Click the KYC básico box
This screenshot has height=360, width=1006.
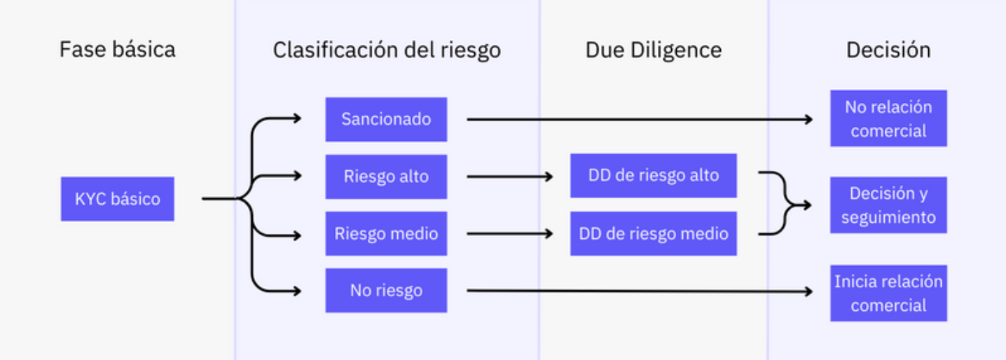[x=118, y=199]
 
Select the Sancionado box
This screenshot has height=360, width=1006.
[x=386, y=119]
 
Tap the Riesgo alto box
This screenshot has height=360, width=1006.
[x=386, y=176]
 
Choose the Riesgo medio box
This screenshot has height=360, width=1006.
[x=386, y=233]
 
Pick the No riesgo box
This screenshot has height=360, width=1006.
[x=386, y=291]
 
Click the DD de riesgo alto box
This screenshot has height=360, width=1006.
[x=654, y=176]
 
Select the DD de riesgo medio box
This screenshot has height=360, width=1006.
[x=654, y=233]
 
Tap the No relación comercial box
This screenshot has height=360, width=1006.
[x=889, y=118]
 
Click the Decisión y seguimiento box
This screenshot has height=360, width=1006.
[x=889, y=205]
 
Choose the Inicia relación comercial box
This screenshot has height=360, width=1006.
[x=889, y=293]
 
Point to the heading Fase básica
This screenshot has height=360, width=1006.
[x=118, y=49]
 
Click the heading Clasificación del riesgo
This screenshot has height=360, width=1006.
[x=387, y=50]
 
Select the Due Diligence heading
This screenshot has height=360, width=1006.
[x=654, y=50]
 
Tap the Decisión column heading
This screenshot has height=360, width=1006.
[x=888, y=50]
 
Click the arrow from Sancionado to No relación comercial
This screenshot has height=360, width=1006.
[x=640, y=119]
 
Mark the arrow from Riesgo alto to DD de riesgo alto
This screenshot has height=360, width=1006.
[x=510, y=176]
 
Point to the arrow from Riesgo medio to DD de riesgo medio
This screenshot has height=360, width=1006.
[x=510, y=233]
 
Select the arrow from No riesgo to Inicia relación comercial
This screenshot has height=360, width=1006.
[x=640, y=291]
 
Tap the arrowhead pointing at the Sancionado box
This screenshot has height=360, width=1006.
[x=297, y=118]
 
